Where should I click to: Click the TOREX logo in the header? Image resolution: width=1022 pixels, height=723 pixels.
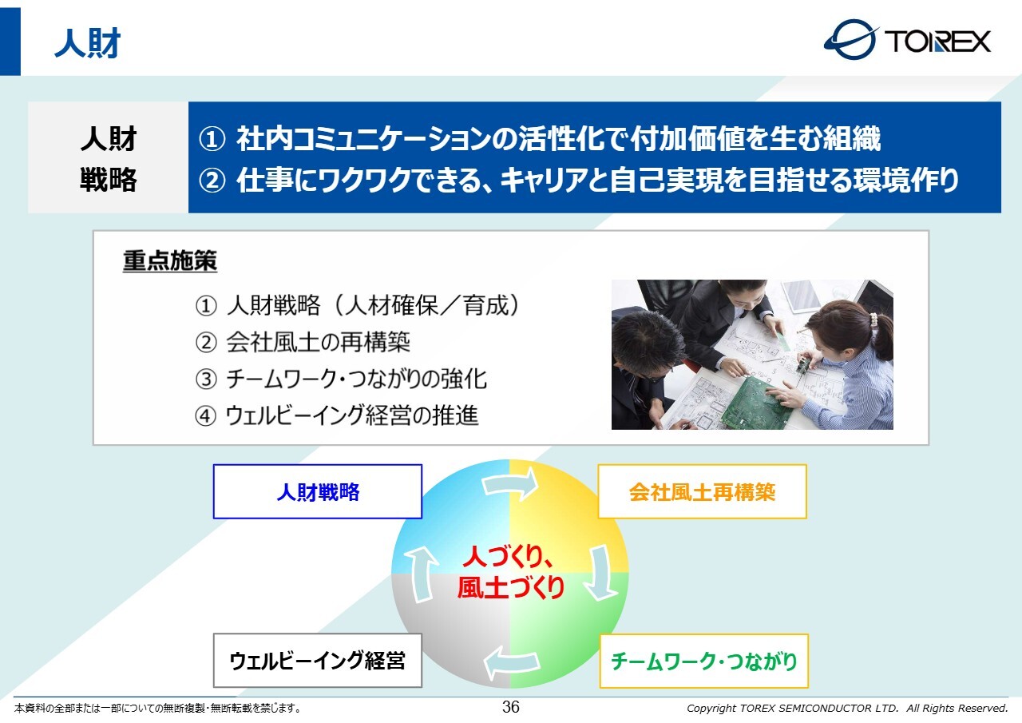[907, 40]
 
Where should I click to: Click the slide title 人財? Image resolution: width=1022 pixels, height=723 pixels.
[87, 43]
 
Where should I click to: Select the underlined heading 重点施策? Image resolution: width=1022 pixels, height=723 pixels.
[170, 261]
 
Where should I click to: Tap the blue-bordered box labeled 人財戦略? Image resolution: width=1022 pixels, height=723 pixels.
[318, 491]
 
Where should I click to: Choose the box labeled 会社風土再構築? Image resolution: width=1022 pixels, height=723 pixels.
[702, 491]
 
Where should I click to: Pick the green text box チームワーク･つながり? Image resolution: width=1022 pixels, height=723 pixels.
[704, 661]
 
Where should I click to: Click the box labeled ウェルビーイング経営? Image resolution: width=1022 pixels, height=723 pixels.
[318, 660]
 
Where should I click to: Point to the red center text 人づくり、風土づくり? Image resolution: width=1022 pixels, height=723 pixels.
[510, 571]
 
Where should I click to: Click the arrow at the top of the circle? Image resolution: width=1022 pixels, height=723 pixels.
[510, 483]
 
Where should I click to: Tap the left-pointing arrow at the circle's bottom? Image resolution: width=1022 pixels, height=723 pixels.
[512, 662]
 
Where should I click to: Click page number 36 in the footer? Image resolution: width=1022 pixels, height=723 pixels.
[510, 707]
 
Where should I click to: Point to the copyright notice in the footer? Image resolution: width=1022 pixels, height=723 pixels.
[847, 708]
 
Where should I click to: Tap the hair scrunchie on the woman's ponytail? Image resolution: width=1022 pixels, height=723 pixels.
[873, 320]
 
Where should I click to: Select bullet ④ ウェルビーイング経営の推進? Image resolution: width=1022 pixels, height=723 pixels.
[337, 415]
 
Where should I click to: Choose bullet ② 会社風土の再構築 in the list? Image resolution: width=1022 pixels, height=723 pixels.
[303, 343]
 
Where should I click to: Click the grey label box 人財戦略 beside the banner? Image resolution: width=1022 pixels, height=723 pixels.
[108, 157]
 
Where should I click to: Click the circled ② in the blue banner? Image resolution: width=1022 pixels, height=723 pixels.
[212, 181]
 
